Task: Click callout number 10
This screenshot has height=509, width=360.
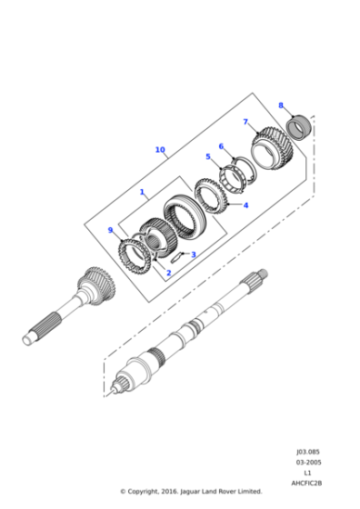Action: click(x=160, y=150)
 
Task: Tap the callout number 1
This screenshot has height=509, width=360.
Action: click(x=142, y=192)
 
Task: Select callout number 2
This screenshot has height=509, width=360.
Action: click(x=168, y=273)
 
